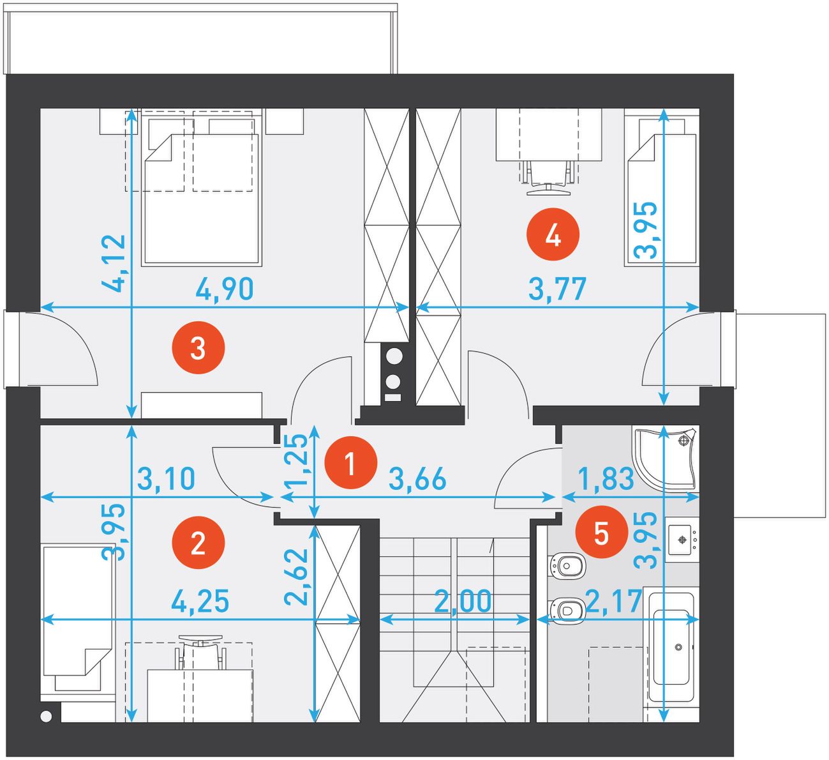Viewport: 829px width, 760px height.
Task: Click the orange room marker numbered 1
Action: (351, 462)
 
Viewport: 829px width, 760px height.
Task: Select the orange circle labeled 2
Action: (198, 542)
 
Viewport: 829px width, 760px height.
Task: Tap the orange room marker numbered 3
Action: (198, 347)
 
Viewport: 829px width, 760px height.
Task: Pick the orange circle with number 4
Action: (553, 234)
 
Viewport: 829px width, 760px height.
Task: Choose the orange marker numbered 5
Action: (602, 531)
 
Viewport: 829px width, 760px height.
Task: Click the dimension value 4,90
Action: (225, 289)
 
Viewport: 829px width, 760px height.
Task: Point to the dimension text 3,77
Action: (558, 289)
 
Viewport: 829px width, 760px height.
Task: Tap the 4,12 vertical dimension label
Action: (114, 263)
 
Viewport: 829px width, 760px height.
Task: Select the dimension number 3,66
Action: (418, 479)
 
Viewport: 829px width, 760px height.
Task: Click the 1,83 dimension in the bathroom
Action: (606, 478)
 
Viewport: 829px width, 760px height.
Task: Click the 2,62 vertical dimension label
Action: (296, 577)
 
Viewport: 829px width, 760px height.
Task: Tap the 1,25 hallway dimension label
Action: (296, 459)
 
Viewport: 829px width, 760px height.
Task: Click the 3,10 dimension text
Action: (166, 478)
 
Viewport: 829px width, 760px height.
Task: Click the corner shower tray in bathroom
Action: (666, 460)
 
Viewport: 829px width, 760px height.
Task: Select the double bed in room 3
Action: (202, 187)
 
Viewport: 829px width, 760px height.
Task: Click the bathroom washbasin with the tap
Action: (682, 539)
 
